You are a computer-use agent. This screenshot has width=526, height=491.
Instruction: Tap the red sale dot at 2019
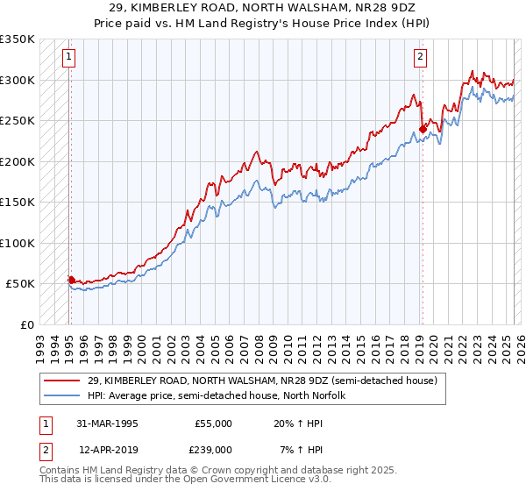coord(423,130)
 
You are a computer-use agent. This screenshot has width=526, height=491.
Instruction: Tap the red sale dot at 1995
coord(71,280)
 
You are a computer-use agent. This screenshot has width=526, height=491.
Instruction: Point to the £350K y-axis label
coord(17,39)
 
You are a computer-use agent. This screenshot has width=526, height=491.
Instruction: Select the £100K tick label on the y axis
coord(17,243)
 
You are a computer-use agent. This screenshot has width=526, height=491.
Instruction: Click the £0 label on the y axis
coord(26,324)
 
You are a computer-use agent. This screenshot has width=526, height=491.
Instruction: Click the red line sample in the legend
coord(61,381)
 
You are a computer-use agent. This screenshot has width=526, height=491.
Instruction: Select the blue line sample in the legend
coord(61,395)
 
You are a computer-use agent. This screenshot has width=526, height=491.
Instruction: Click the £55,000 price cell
coord(214,423)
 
